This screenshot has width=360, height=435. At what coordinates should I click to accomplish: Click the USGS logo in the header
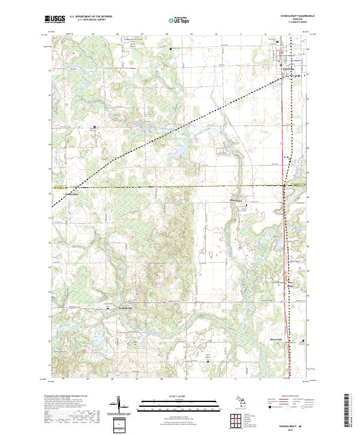[55, 19]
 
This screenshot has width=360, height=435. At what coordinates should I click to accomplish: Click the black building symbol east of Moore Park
[302, 342]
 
